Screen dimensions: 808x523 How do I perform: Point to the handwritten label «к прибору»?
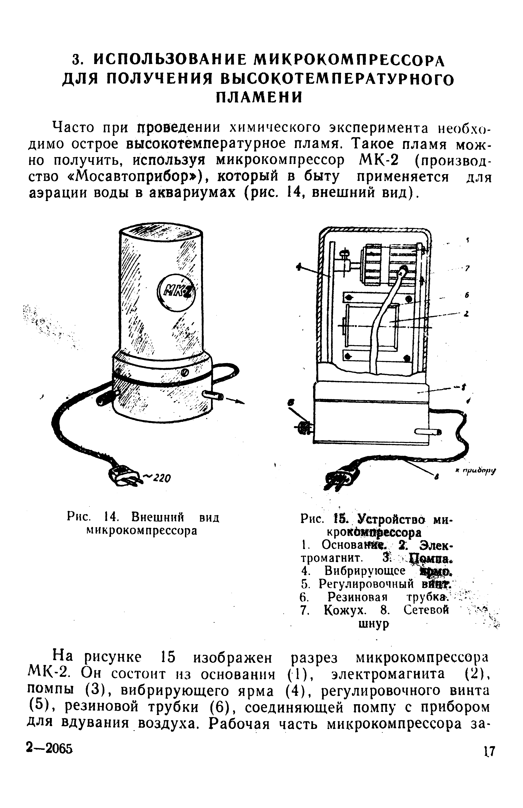point(475,471)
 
